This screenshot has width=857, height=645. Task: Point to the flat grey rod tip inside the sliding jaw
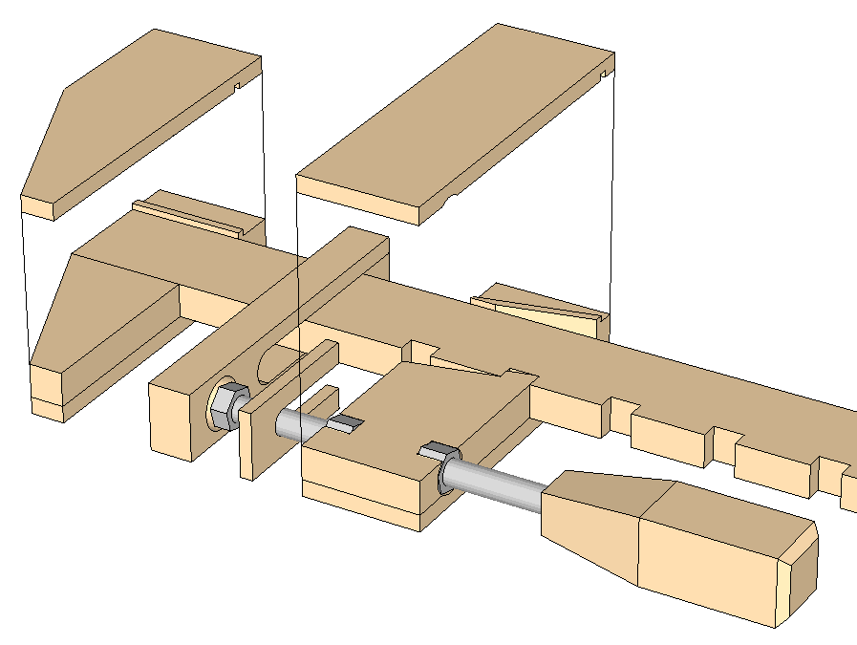(346, 423)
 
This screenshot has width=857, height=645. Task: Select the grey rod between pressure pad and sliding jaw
(292, 422)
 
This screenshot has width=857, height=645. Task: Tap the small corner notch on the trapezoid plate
(235, 90)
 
